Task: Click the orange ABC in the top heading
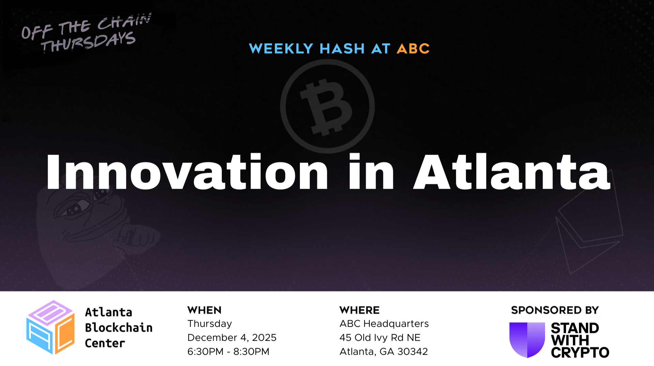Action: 413,49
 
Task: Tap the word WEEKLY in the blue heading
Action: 281,49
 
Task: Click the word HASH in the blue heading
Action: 342,49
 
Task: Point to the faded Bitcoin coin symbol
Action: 327,106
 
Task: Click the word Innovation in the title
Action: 187,172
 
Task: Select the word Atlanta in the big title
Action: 511,172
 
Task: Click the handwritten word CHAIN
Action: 124,21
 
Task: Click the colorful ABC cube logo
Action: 50,327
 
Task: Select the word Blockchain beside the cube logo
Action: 119,327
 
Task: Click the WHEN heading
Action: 204,310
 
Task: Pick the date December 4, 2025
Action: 232,337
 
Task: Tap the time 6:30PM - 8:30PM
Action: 228,351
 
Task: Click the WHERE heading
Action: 359,310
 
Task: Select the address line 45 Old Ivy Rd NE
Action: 380,337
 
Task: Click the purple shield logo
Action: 527,339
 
